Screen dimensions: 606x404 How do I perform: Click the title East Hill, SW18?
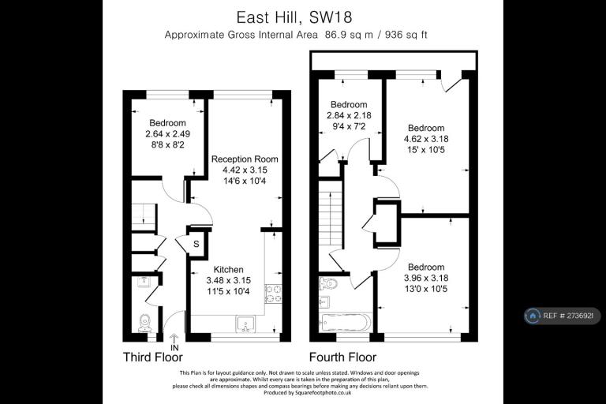coord(294,17)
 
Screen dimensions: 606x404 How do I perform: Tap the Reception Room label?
coord(245,159)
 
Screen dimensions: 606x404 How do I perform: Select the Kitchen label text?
coord(228,269)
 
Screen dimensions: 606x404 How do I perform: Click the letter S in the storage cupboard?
coord(196,244)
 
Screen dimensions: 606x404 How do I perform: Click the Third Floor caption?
coord(152,357)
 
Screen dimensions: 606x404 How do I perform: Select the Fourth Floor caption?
coord(342,357)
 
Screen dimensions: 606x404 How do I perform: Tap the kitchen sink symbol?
coord(245,324)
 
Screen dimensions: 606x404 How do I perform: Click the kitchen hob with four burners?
coord(273,294)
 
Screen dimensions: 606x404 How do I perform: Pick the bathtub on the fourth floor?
coord(346,322)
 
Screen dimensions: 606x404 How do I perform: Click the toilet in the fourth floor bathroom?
coord(328,284)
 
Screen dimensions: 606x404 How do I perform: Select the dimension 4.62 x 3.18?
coord(426,139)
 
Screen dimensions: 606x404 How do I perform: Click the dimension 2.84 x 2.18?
coord(349,115)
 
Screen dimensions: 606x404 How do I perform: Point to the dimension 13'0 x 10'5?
coord(426,289)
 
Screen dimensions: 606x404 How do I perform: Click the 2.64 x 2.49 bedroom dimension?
coord(168,134)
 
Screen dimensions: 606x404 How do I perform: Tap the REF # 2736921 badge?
coord(563,316)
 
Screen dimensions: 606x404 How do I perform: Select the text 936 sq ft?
coord(406,35)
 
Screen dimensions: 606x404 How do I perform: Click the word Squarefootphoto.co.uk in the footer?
coord(323,393)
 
